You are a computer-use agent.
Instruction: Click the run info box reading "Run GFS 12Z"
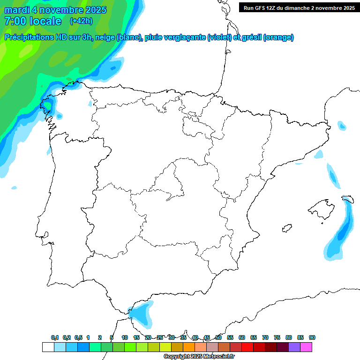299,8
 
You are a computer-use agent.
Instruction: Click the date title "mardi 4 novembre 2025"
55,10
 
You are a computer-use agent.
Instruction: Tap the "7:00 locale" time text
33,21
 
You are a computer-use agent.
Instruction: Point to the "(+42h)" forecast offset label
81,21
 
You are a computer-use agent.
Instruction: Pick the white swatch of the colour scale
48,347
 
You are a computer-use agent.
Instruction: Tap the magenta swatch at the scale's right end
306,347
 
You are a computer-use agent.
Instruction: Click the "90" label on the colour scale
312,338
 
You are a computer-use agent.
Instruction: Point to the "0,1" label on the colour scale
55,338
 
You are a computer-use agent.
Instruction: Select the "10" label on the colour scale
125,338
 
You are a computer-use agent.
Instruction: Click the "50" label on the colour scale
218,338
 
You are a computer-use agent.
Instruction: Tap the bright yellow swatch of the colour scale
165,347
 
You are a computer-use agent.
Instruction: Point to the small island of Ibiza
286,228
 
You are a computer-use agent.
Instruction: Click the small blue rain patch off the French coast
342,125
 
